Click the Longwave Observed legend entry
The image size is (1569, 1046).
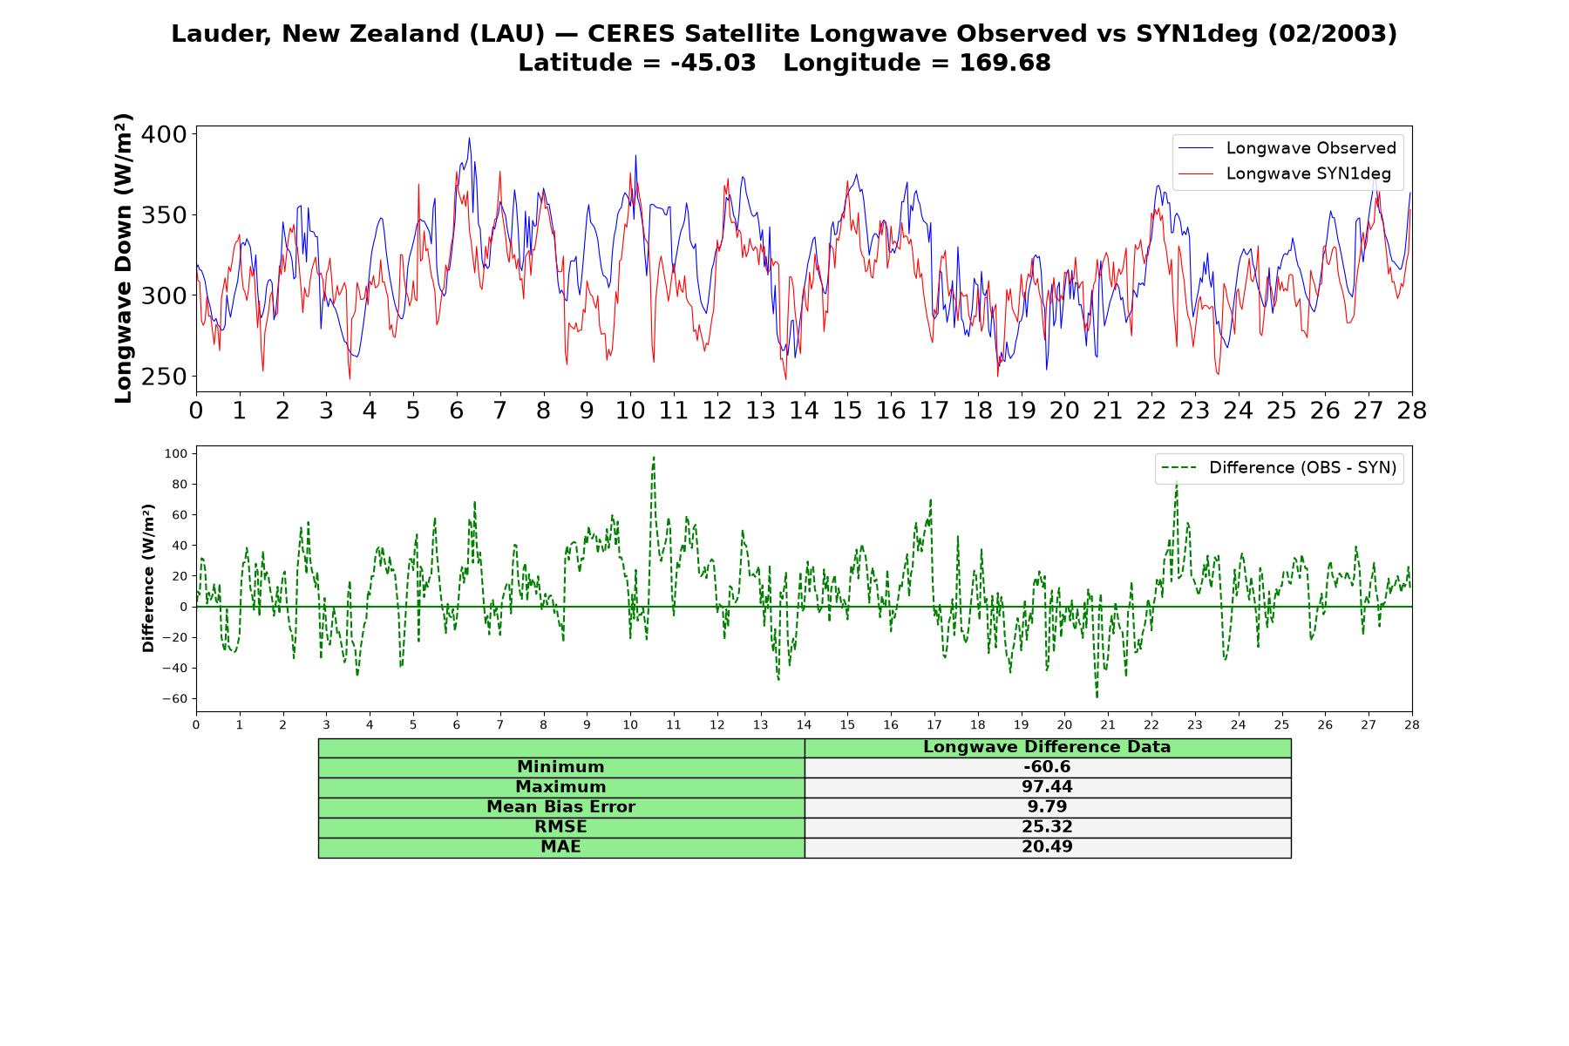[1287, 148]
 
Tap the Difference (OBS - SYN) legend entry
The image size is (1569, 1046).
[1280, 468]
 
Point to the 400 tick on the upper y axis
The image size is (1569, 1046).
[165, 134]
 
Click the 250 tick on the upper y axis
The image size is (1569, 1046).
[165, 377]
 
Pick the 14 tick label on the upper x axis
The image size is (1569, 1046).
[804, 411]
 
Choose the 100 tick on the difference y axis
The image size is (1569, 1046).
[176, 453]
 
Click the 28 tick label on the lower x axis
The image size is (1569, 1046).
[1412, 725]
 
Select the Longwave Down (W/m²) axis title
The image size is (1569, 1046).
[124, 258]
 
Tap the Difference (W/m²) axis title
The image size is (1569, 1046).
[148, 578]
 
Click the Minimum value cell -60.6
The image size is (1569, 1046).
[1047, 767]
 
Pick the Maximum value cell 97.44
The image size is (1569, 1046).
[1047, 787]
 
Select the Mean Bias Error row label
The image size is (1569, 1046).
[560, 807]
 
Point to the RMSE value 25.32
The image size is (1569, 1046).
[1047, 827]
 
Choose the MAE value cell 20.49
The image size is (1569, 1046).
[1047, 847]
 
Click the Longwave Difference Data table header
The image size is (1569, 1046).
[1047, 747]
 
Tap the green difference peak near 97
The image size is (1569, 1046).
[654, 458]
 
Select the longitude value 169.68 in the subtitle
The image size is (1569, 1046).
[1005, 63]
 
